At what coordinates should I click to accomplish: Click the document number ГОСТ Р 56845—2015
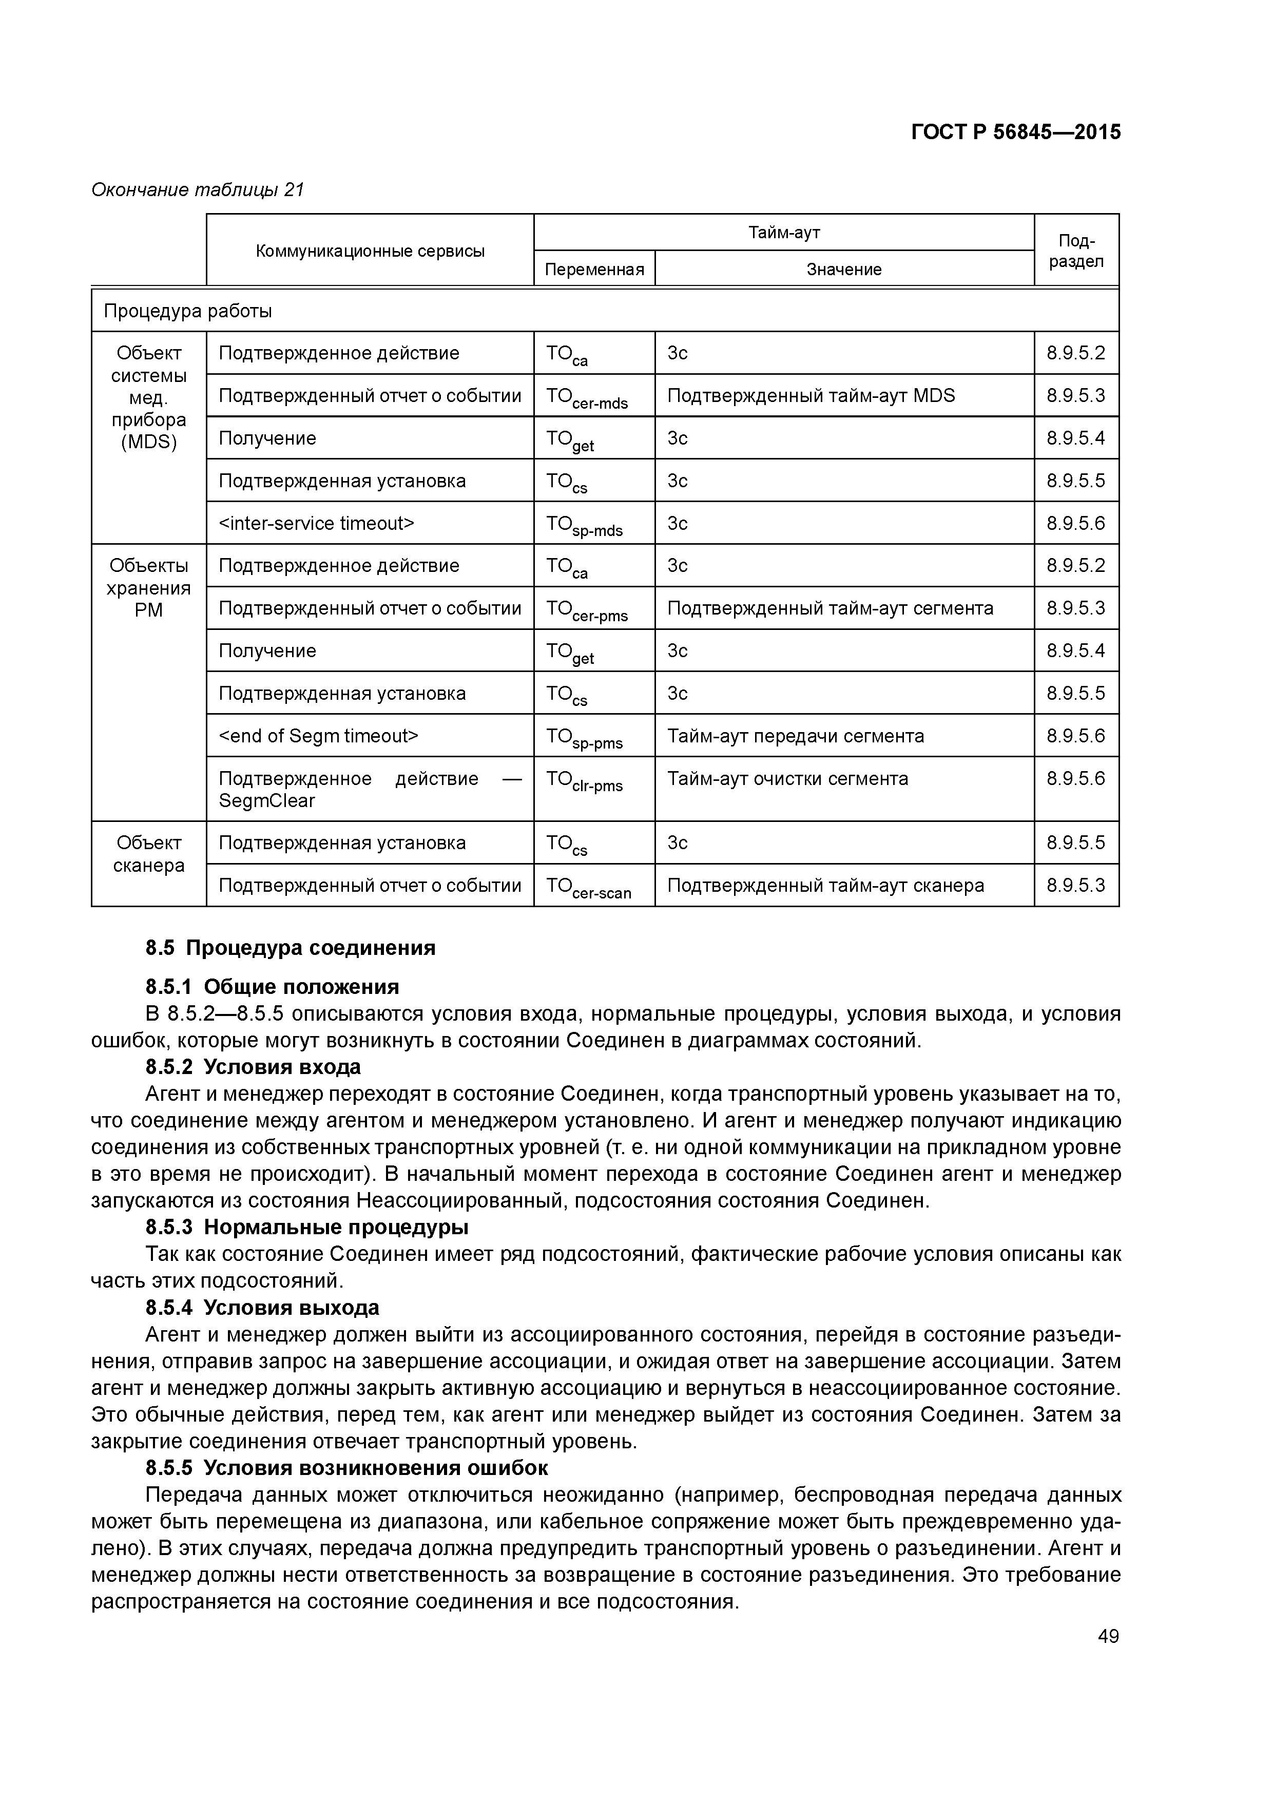click(1016, 132)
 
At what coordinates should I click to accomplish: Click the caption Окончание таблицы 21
click(198, 190)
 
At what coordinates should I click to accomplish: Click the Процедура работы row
click(188, 312)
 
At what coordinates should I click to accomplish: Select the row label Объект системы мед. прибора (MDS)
click(149, 398)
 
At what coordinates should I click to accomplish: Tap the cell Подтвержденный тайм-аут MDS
click(811, 395)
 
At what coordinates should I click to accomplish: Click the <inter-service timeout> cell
click(316, 523)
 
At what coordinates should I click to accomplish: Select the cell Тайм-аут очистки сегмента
click(787, 779)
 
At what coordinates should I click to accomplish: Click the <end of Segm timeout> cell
click(318, 736)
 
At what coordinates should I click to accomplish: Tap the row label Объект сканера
click(149, 854)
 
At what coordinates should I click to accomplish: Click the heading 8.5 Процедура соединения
click(290, 948)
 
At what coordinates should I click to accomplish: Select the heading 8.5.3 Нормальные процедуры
click(306, 1227)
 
